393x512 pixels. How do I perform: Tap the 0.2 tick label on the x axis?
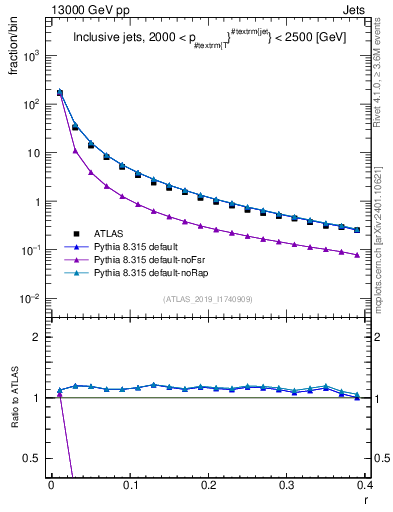tap(208, 485)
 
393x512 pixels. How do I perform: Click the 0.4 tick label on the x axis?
tap(364, 485)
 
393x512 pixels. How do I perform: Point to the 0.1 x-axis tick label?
tap(129, 485)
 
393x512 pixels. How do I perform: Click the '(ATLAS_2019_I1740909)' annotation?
tap(207, 300)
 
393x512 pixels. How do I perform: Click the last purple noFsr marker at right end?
tap(357, 255)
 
